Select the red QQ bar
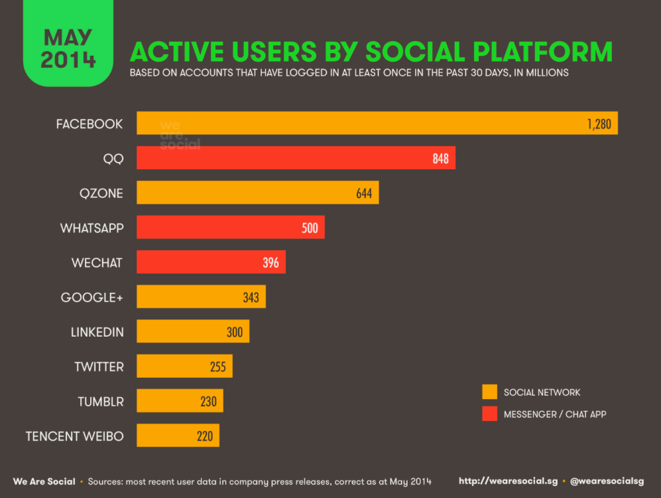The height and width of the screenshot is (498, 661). coord(296,158)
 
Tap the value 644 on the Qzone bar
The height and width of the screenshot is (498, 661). coord(364,193)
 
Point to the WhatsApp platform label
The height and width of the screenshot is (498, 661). coord(91,228)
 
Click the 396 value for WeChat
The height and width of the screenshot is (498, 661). coord(270,262)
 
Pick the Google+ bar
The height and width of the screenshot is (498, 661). coord(201,297)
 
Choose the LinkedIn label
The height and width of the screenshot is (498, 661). coord(97,331)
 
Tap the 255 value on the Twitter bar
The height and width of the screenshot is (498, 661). coord(217,366)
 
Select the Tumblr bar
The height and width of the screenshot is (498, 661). coord(180,401)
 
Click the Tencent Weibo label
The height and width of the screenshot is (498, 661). coord(74,436)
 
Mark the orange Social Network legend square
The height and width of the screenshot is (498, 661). coord(490,392)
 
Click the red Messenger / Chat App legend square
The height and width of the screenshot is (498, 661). coord(490,414)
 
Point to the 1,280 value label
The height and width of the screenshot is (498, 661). coord(599,124)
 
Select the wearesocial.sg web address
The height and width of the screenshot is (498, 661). coord(507,481)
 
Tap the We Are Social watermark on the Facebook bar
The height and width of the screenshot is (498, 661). coord(179,135)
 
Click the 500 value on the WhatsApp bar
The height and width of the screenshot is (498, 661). coord(310,228)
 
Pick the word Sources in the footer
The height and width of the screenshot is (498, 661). coord(107,481)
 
